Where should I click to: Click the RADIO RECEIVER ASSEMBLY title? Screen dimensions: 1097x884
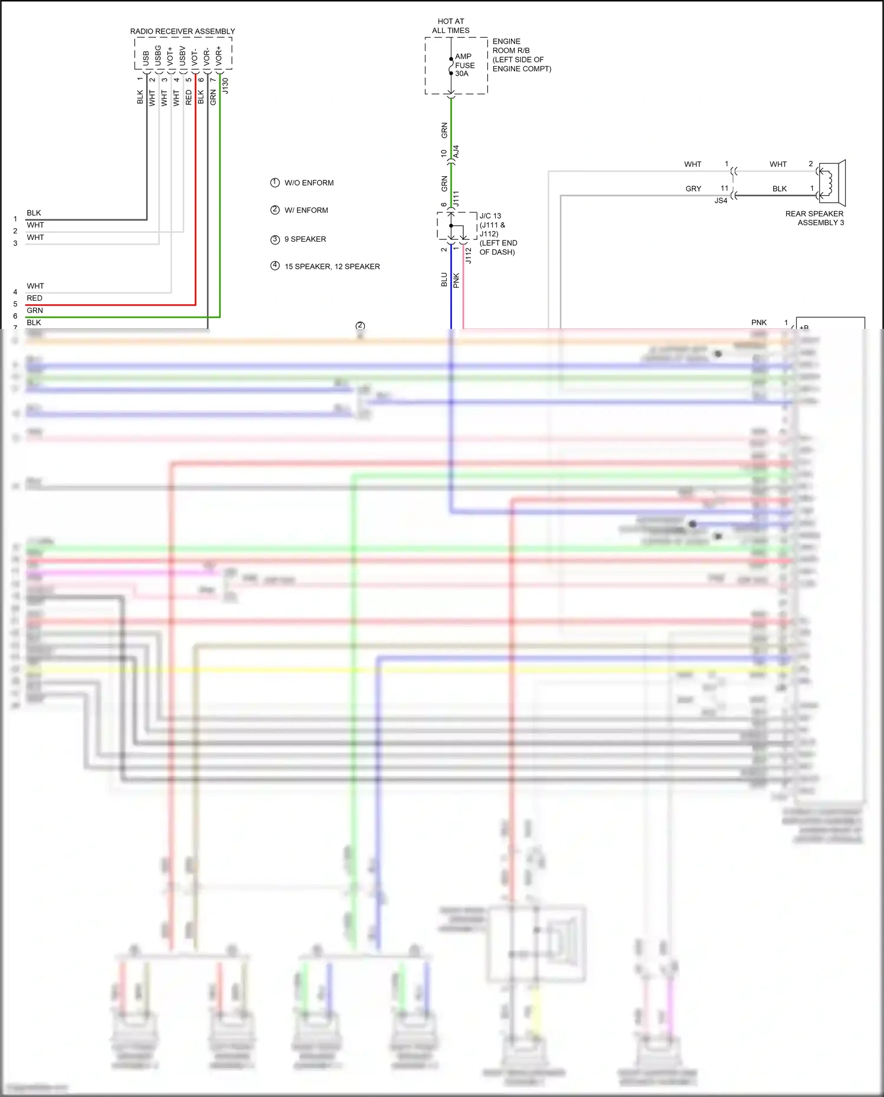coord(182,31)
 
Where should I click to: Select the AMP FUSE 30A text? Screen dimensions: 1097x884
coord(464,65)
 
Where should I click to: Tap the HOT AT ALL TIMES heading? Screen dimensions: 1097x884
coord(451,26)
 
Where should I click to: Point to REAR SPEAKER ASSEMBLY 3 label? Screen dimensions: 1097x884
coord(814,218)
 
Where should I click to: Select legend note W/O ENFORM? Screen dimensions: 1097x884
coord(308,183)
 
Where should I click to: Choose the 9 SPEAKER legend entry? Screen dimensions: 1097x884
coord(305,239)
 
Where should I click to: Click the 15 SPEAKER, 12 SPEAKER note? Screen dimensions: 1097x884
coord(332,266)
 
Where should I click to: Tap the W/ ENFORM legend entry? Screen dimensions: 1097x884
coord(306,210)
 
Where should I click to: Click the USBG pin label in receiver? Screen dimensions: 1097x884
coord(158,55)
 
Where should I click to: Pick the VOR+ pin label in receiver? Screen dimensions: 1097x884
coord(219,55)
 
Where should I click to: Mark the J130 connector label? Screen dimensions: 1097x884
coord(225,86)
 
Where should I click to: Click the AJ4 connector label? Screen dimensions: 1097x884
coord(456,151)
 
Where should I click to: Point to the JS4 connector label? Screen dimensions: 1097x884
coord(721,201)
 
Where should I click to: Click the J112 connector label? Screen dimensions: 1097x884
coord(469,255)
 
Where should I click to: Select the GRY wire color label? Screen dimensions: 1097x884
coord(693,189)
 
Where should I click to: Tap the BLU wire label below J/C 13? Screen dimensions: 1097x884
coord(444,279)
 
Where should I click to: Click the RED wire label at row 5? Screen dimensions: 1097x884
coord(34,298)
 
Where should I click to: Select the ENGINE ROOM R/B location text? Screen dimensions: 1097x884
coord(521,55)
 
